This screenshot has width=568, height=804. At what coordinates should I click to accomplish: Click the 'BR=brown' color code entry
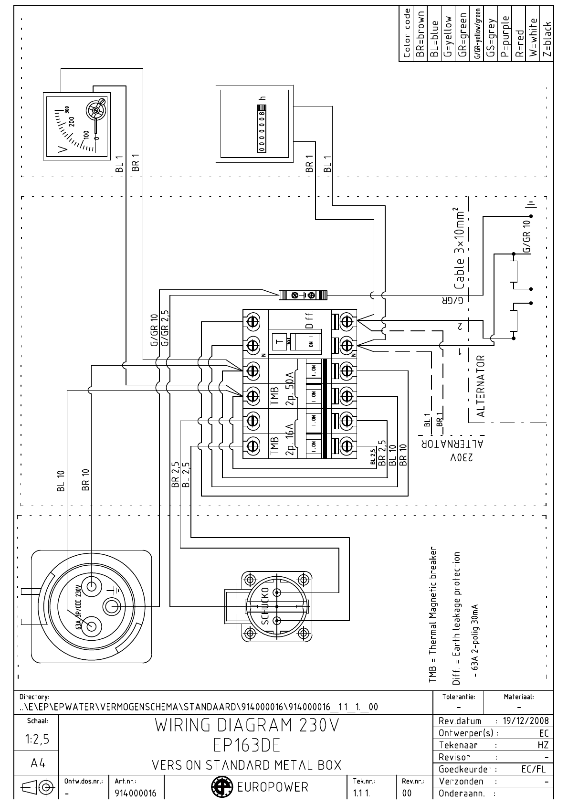pos(421,33)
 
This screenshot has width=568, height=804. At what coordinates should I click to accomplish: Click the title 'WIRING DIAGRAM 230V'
pos(247,726)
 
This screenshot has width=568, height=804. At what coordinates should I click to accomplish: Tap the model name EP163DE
pos(247,745)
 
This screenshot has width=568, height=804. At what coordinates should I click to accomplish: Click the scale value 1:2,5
pos(37,740)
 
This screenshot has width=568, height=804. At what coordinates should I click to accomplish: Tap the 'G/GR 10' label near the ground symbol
pos(526,236)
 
